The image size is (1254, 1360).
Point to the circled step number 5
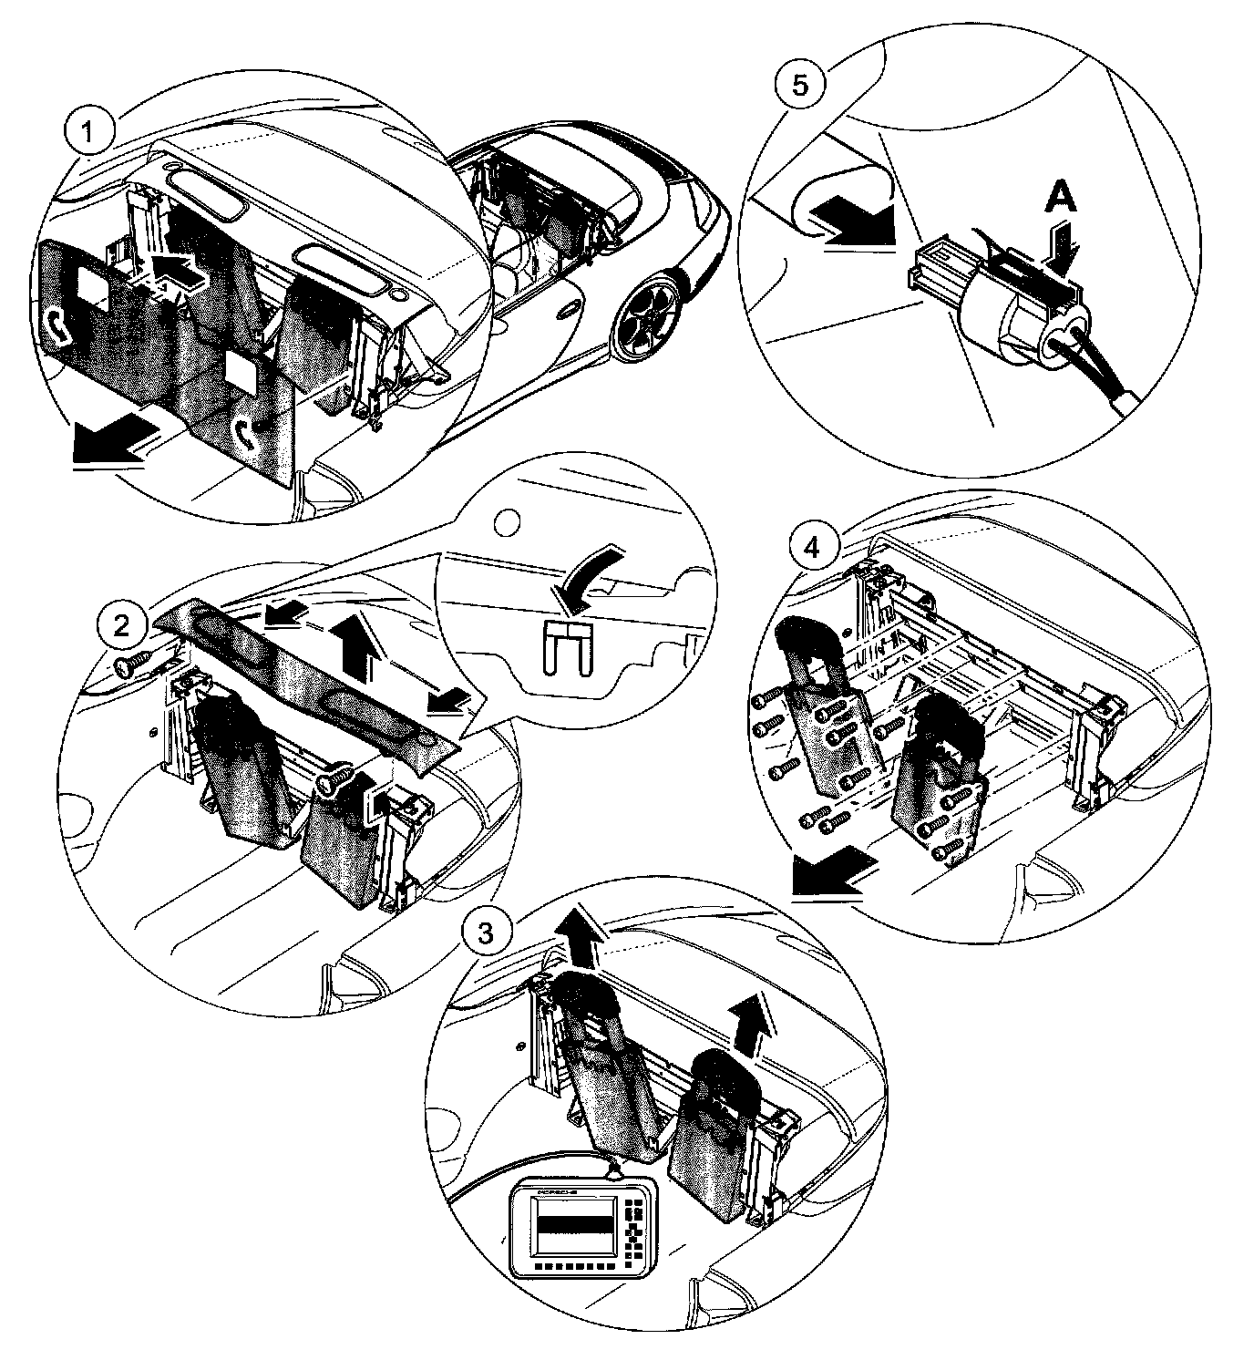point(799,84)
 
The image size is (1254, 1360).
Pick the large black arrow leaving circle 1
point(108,445)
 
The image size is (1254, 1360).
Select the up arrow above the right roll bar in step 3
point(754,1020)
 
